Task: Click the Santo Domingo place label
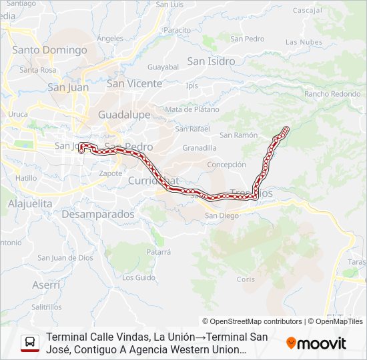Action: pyautogui.click(x=49, y=50)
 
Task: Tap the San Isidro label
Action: pyautogui.click(x=211, y=61)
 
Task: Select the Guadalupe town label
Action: pyautogui.click(x=124, y=115)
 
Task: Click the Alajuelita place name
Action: pyautogui.click(x=30, y=203)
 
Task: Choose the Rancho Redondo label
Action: pyautogui.click(x=332, y=94)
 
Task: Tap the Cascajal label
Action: pyautogui.click(x=307, y=11)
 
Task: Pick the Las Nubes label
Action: pyautogui.click(x=300, y=42)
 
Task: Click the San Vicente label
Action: pyautogui.click(x=134, y=83)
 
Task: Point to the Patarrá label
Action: pyautogui.click(x=159, y=252)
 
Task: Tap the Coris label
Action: pyautogui.click(x=246, y=279)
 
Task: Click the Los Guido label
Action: pyautogui.click(x=139, y=277)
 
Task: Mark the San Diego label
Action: pyautogui.click(x=222, y=215)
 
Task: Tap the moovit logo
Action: pyautogui.click(x=316, y=343)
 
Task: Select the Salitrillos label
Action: pyautogui.click(x=47, y=307)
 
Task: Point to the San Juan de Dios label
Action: pyautogui.click(x=65, y=258)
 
